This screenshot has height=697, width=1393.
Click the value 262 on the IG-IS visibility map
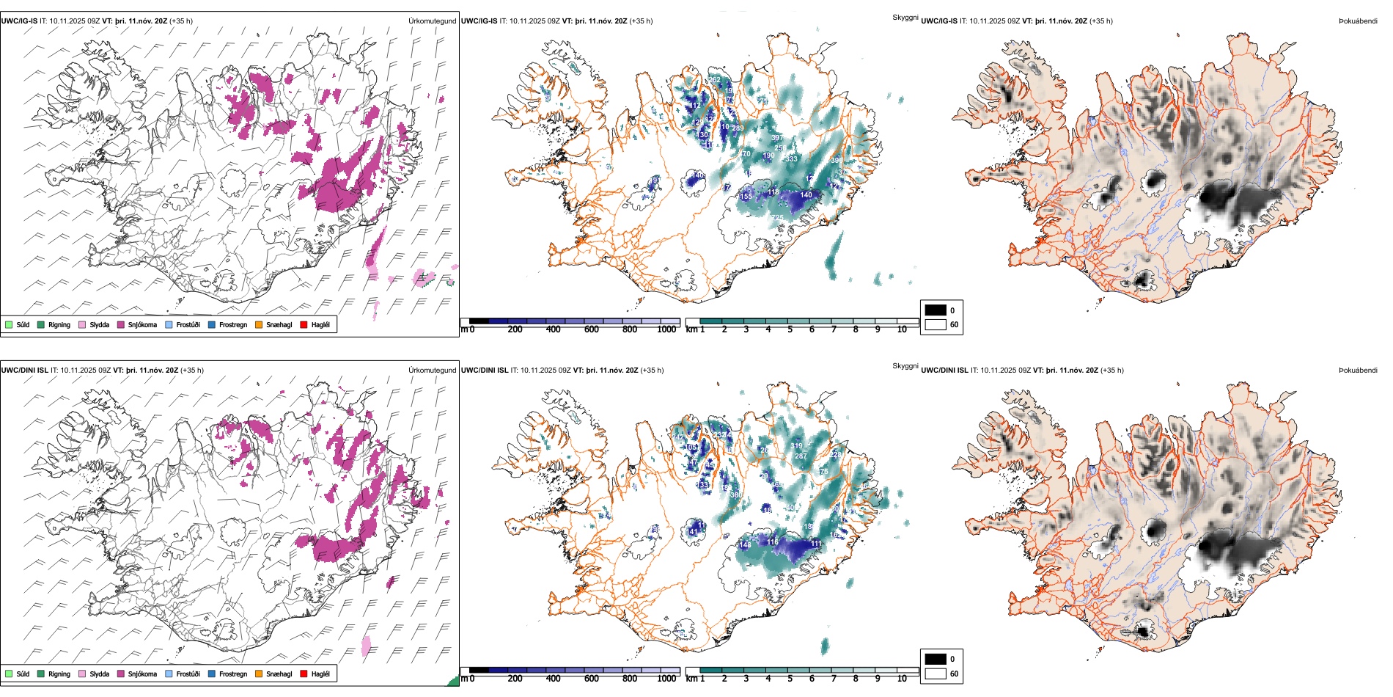714,80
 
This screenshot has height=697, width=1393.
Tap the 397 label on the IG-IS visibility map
777,138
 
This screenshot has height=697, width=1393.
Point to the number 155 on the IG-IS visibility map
746,197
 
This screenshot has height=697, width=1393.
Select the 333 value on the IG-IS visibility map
791,159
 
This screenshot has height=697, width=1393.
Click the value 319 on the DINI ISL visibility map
797,446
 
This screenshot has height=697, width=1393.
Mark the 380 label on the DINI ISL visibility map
736,495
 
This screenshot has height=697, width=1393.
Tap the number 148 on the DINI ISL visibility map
745,545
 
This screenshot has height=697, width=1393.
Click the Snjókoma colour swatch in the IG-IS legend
121,325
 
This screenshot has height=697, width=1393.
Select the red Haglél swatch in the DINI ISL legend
304,674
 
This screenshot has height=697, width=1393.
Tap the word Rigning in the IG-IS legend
59,325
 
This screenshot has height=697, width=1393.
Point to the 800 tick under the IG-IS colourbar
629,330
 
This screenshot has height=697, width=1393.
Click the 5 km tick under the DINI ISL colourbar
790,679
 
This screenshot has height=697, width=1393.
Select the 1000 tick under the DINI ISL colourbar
666,679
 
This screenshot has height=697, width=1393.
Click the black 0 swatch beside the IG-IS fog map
936,310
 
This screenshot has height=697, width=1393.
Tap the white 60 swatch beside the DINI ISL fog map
936,674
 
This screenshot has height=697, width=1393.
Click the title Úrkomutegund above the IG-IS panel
432,21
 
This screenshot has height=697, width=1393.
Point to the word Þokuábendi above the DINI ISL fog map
1358,371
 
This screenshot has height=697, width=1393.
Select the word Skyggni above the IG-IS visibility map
905,18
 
